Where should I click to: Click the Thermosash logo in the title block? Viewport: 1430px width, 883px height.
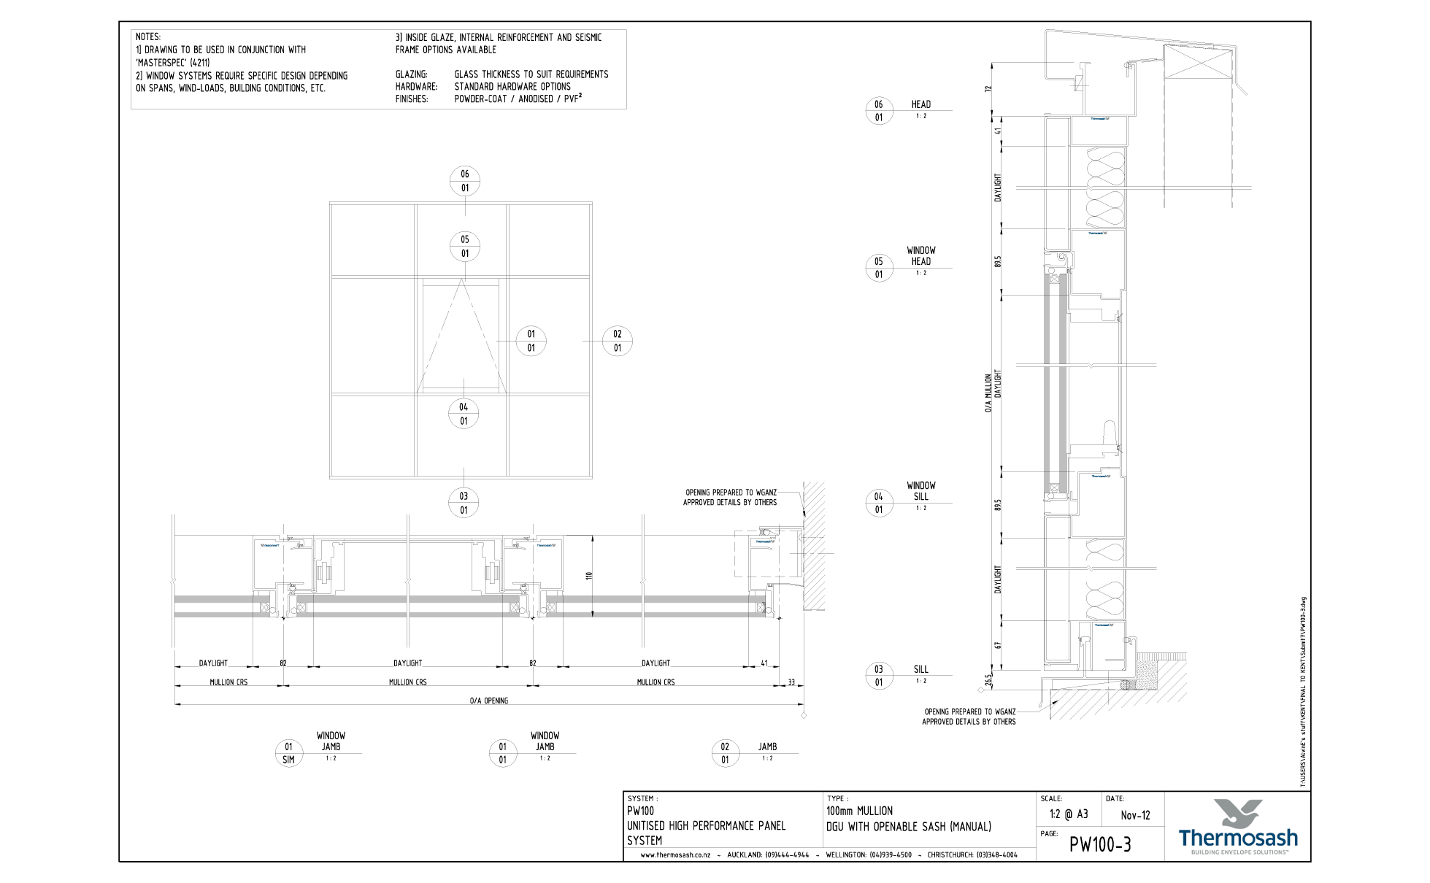pyautogui.click(x=1238, y=827)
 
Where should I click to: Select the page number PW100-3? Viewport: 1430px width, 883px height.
pyautogui.click(x=1100, y=844)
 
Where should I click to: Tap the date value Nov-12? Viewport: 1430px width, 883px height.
pyautogui.click(x=1135, y=815)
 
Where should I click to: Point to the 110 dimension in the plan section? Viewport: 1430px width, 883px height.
pyautogui.click(x=589, y=576)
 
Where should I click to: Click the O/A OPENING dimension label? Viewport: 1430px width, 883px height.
pyautogui.click(x=489, y=701)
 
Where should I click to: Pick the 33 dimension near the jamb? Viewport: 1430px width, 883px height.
pyautogui.click(x=791, y=682)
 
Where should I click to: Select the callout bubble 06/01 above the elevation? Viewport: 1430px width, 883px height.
pyautogui.click(x=464, y=181)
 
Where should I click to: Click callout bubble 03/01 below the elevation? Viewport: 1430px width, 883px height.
pyautogui.click(x=464, y=503)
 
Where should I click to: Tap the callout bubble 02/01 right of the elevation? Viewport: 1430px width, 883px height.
pyautogui.click(x=618, y=341)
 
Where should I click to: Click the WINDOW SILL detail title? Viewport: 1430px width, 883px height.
pyautogui.click(x=921, y=490)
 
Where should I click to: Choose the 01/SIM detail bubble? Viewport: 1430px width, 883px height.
pyautogui.click(x=288, y=753)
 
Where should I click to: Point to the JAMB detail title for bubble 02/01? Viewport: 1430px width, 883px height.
pyautogui.click(x=767, y=747)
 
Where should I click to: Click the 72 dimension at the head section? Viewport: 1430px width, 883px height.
pyautogui.click(x=988, y=89)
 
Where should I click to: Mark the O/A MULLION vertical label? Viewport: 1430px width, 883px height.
pyautogui.click(x=988, y=393)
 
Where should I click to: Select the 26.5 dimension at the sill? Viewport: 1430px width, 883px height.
pyautogui.click(x=988, y=679)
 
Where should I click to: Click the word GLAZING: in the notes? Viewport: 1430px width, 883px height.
pyautogui.click(x=412, y=74)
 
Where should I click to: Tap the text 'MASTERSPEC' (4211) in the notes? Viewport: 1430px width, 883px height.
pyautogui.click(x=173, y=63)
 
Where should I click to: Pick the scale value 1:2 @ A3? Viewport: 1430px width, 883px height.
pyautogui.click(x=1069, y=814)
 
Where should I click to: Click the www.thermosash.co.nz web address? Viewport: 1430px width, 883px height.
pyautogui.click(x=675, y=855)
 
